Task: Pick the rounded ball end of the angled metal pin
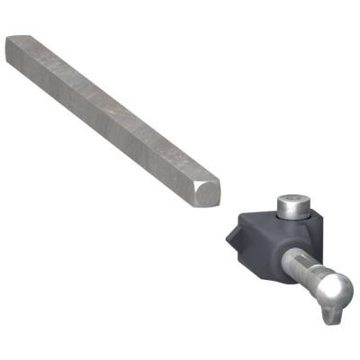pos(334,290)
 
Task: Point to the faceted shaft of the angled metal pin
pos(301,267)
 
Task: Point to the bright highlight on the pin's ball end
pos(331,283)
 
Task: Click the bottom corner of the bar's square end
pos(204,204)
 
